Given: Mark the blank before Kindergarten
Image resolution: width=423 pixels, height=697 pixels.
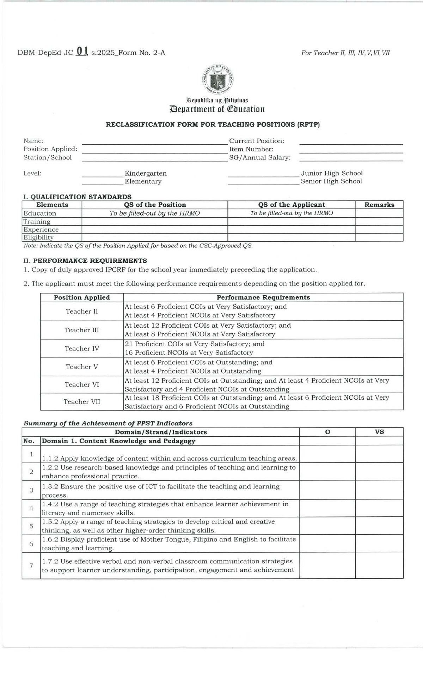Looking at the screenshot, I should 102,174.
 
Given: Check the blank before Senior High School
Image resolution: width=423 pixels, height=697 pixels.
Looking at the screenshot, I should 263,182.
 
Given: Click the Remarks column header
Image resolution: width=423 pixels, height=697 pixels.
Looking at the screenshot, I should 379,205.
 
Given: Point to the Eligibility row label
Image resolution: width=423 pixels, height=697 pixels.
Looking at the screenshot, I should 39,238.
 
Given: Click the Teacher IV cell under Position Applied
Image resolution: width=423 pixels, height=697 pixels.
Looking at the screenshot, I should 82,348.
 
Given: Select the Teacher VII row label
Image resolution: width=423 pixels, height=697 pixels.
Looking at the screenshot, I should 82,402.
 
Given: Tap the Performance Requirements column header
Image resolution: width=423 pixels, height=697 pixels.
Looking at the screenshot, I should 263,297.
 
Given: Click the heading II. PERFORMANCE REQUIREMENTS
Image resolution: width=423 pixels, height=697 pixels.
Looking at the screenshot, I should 85,261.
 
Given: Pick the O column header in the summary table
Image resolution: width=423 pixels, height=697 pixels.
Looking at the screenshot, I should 327,432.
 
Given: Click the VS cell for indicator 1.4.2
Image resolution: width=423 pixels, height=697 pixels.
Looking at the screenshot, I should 379,508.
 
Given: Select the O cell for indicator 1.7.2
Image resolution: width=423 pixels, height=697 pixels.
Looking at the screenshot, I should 327,565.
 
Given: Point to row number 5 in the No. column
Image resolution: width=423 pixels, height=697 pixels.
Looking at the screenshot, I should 31,526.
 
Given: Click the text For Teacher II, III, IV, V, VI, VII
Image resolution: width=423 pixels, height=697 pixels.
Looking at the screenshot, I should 345,53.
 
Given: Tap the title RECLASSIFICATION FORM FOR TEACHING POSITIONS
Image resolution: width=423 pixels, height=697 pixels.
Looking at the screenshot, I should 213,125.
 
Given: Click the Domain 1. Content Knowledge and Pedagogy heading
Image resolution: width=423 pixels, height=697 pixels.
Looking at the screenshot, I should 118,441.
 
